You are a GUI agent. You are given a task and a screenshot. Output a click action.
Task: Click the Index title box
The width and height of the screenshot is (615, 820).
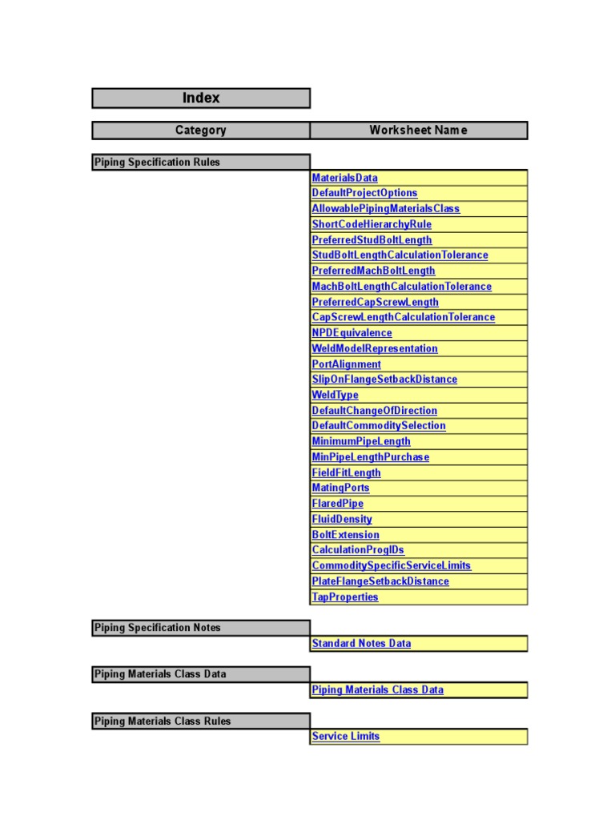(201, 98)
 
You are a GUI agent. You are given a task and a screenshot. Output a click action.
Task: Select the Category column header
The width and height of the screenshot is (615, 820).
(201, 131)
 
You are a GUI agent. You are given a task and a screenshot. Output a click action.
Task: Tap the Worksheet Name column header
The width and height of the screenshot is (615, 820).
(418, 131)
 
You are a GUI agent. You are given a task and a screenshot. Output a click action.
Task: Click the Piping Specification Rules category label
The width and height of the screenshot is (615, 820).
(157, 163)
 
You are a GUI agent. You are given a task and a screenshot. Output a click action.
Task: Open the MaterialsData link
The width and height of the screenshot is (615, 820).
(344, 178)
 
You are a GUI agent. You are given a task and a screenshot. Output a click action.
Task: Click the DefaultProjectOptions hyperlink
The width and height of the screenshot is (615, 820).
(364, 193)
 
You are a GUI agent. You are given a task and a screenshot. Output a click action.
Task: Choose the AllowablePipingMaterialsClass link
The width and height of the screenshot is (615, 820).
(386, 209)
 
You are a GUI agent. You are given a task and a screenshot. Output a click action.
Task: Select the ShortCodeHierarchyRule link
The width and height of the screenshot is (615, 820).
(372, 224)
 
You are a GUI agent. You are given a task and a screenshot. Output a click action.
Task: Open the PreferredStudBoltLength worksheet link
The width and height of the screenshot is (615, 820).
(372, 240)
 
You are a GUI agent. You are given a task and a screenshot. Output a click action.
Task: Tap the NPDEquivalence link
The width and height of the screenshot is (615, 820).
(352, 333)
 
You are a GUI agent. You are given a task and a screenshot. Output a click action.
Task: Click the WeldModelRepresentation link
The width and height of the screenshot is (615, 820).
(375, 348)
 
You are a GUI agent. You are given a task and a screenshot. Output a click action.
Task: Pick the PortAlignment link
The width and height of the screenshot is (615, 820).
(346, 364)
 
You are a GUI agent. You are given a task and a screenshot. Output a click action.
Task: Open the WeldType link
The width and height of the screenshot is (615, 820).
(335, 395)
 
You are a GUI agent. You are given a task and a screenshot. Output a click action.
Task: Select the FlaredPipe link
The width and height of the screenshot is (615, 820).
(337, 504)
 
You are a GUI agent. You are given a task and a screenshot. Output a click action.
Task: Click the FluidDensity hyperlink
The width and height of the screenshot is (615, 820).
(342, 519)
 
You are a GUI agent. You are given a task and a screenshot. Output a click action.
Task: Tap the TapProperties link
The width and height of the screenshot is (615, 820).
(344, 597)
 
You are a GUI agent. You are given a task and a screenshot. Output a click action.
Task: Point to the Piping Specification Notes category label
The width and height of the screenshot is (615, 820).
(157, 628)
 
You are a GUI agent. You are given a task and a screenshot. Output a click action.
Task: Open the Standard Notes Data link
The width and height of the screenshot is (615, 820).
(361, 643)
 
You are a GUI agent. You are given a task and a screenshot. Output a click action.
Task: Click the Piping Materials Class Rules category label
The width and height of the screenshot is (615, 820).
(163, 722)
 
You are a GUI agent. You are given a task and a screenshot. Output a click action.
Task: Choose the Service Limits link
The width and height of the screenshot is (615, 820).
(346, 737)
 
